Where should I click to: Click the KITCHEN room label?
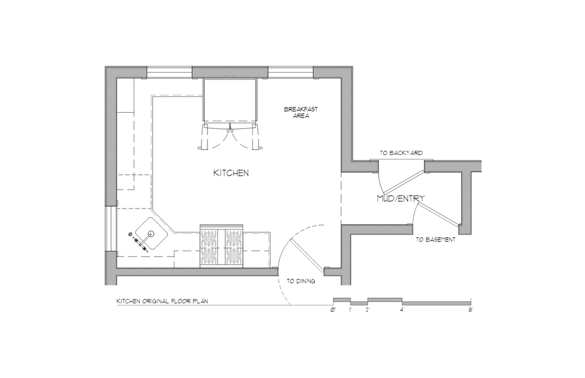pyautogui.click(x=231, y=173)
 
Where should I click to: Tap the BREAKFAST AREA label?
pyautogui.click(x=301, y=112)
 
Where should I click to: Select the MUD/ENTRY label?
pyautogui.click(x=401, y=199)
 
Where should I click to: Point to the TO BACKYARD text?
pyautogui.click(x=401, y=153)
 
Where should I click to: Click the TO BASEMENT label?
pyautogui.click(x=435, y=239)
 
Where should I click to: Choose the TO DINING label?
pyautogui.click(x=301, y=281)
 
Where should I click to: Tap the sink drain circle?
pyautogui.click(x=151, y=234)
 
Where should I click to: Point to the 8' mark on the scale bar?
pyautogui.click(x=471, y=310)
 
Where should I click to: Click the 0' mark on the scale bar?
pyautogui.click(x=333, y=310)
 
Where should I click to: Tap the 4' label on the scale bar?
pyautogui.click(x=402, y=310)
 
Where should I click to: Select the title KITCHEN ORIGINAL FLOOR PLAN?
pyautogui.click(x=162, y=301)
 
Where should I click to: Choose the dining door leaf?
pyautogui.click(x=306, y=256)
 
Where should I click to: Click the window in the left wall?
pyautogui.click(x=111, y=229)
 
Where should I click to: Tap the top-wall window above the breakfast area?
pyautogui.click(x=291, y=72)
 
